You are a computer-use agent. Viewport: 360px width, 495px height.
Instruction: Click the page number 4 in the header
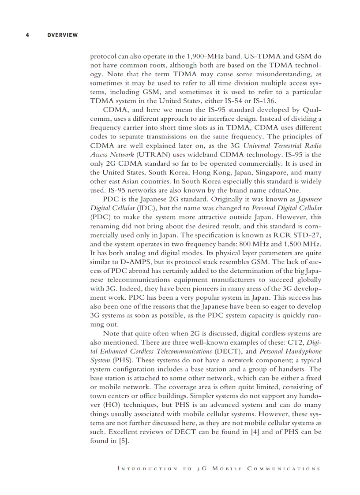tap(27, 35)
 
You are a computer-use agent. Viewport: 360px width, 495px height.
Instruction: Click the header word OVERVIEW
tap(62, 35)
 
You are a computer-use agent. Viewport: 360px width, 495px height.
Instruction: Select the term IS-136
tap(266, 100)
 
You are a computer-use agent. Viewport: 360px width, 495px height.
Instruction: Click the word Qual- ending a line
tap(311, 110)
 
